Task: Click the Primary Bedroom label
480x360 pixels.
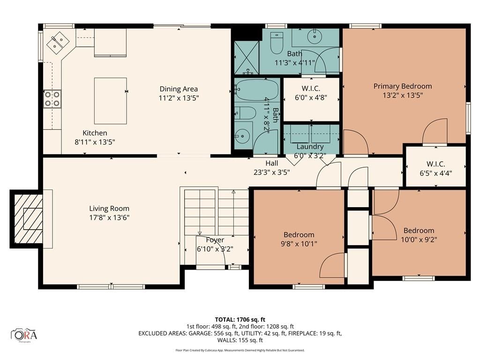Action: [403, 86]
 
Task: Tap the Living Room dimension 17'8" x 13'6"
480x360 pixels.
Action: [109, 217]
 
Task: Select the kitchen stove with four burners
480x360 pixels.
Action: [52, 99]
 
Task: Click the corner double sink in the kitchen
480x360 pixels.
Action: [58, 43]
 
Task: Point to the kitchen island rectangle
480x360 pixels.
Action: [110, 101]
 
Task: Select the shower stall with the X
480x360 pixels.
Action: [247, 58]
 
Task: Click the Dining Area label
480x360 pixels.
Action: [179, 89]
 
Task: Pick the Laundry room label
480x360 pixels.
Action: [310, 147]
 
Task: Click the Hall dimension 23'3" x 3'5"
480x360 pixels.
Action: [272, 172]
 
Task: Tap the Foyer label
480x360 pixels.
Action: [215, 240]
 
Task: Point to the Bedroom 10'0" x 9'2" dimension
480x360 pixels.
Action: [419, 240]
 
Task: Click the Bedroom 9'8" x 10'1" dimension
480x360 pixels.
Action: [299, 244]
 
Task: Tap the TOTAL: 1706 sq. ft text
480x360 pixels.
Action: [240, 320]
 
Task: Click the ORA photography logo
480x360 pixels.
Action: [24, 335]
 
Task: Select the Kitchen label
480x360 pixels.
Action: [95, 133]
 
